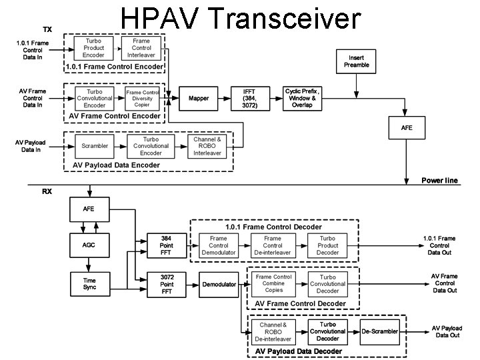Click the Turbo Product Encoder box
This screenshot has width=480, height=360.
coord(93,48)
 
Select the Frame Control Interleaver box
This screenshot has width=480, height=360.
coord(141,48)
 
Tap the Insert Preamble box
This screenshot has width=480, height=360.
coord(356,61)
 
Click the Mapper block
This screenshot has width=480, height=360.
coord(199,98)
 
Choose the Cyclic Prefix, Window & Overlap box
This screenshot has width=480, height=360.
coord(302,98)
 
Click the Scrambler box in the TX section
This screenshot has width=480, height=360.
coord(95,145)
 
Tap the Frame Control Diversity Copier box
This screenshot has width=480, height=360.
coord(143,98)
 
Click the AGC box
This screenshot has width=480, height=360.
coord(89,245)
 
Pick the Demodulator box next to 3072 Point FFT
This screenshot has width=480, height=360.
coord(219,285)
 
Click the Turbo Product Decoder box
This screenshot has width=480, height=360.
coord(327,245)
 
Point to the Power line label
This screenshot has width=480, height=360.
coord(439,181)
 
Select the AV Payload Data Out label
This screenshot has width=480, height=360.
coord(446,331)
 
